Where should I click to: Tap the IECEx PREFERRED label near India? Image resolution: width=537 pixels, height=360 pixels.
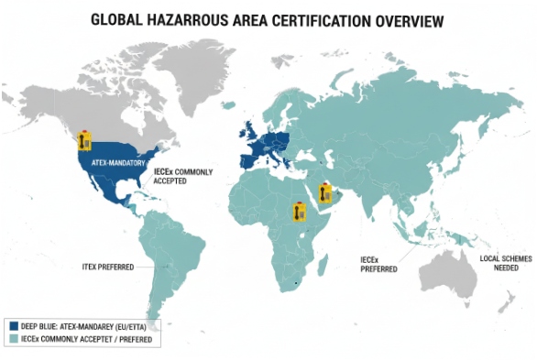pyautogui.click(x=378, y=266)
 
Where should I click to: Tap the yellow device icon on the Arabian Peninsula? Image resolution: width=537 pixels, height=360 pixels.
pyautogui.click(x=324, y=193)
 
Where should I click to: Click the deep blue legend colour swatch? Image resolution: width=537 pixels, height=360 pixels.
pyautogui.click(x=14, y=326)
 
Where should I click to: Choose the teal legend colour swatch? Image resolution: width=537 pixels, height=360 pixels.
pyautogui.click(x=14, y=340)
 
